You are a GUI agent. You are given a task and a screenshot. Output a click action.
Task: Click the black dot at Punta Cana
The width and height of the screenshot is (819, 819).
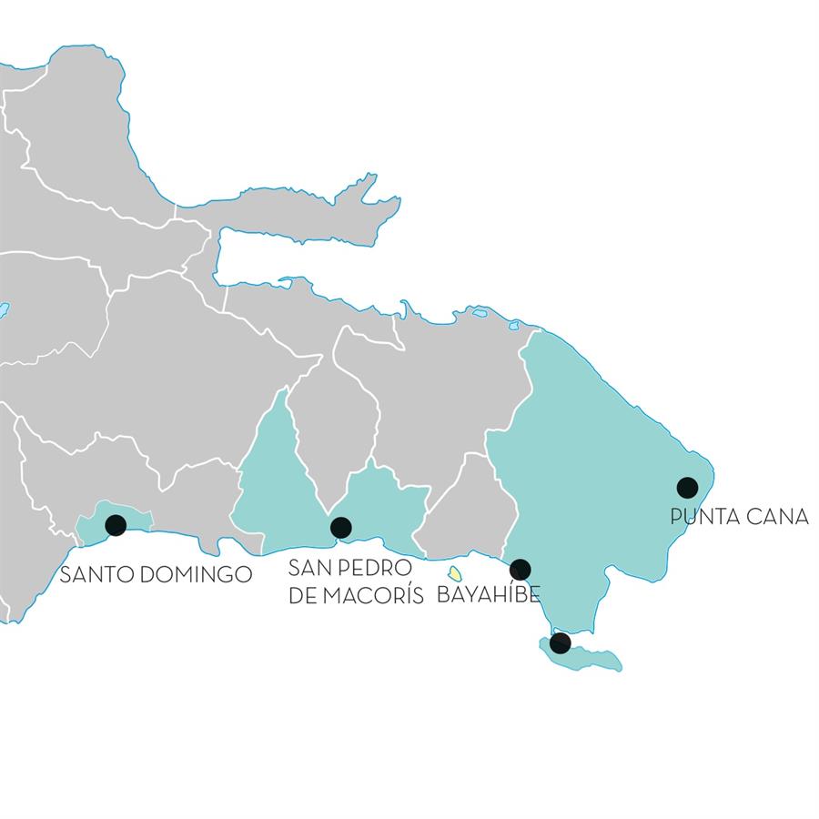688,487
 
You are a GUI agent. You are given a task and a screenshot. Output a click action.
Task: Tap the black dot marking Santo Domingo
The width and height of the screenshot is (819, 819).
116,524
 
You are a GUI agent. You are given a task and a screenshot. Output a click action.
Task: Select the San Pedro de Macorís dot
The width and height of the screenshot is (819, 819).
341,526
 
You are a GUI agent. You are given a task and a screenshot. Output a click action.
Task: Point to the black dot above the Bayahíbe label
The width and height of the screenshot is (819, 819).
520,570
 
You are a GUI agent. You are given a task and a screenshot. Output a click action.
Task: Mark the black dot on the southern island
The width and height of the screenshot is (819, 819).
560,643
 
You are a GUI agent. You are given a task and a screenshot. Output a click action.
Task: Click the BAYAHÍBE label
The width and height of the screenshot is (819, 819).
489,596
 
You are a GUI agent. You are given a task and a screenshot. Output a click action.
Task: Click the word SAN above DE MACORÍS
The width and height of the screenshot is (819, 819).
307,570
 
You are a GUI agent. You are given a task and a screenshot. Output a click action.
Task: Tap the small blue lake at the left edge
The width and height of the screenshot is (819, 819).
4,310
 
